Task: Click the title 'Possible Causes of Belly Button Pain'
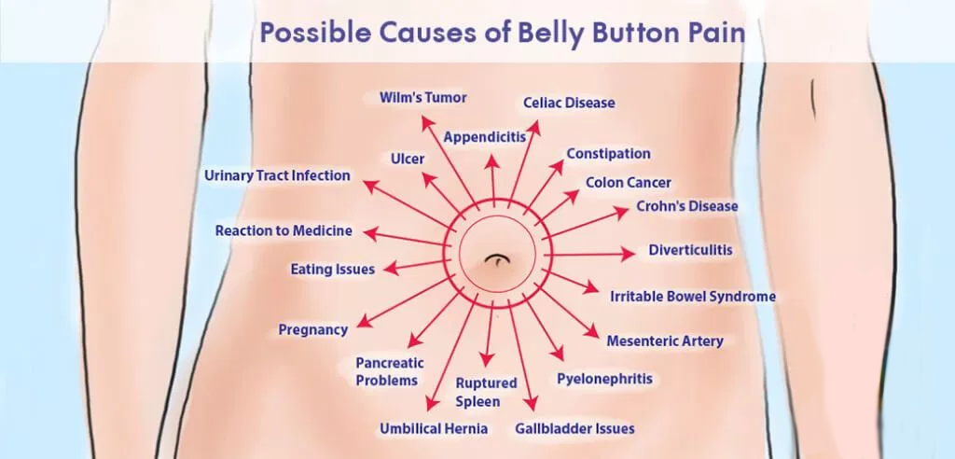pos(503,33)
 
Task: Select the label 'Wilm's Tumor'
pos(422,98)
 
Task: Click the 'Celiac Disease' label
pos(569,103)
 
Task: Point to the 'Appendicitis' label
pos(484,137)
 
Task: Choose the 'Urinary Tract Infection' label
pos(277,175)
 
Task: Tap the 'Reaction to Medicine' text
pos(284,231)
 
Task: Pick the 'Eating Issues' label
pos(333,269)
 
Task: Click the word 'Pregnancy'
pos(313,329)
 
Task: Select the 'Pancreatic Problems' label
pos(390,372)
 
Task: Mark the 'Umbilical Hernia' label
pos(434,428)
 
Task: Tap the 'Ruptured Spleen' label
pos(486,393)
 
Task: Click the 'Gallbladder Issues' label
pos(574,428)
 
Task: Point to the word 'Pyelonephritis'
pos(604,379)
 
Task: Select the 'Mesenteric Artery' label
pos(664,341)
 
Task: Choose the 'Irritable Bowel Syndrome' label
pos(693,297)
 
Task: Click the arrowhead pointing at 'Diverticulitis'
pos(628,254)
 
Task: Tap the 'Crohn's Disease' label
pos(687,206)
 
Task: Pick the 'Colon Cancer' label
pos(629,182)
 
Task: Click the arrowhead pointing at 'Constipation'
pos(557,166)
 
